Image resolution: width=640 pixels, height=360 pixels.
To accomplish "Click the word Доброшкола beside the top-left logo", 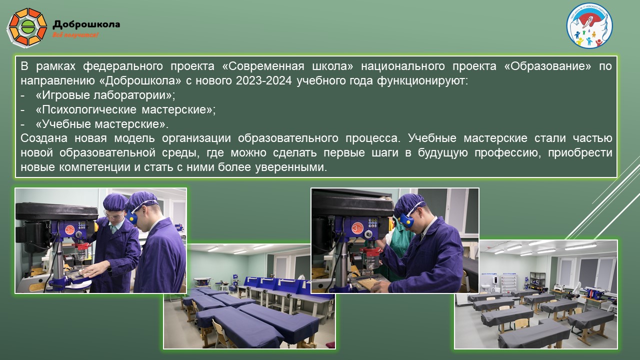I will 86,23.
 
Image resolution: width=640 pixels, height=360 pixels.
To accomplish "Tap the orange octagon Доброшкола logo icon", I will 27,27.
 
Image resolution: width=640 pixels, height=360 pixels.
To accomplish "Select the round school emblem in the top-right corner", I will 589,25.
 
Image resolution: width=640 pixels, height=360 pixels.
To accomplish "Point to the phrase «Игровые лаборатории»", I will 105,95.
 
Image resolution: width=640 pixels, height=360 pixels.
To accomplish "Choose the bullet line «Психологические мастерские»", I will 125,109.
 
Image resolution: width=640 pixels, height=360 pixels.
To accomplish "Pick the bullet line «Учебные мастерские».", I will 102,124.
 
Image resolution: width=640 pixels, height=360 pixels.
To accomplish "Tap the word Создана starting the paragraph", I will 43,138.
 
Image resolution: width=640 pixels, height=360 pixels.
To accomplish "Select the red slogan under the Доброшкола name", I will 75,35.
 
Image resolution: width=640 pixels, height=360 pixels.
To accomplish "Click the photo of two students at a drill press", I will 100,240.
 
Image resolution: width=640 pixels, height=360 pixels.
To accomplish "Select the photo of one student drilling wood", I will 395,240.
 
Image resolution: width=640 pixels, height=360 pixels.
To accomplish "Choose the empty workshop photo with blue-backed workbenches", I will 250,320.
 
